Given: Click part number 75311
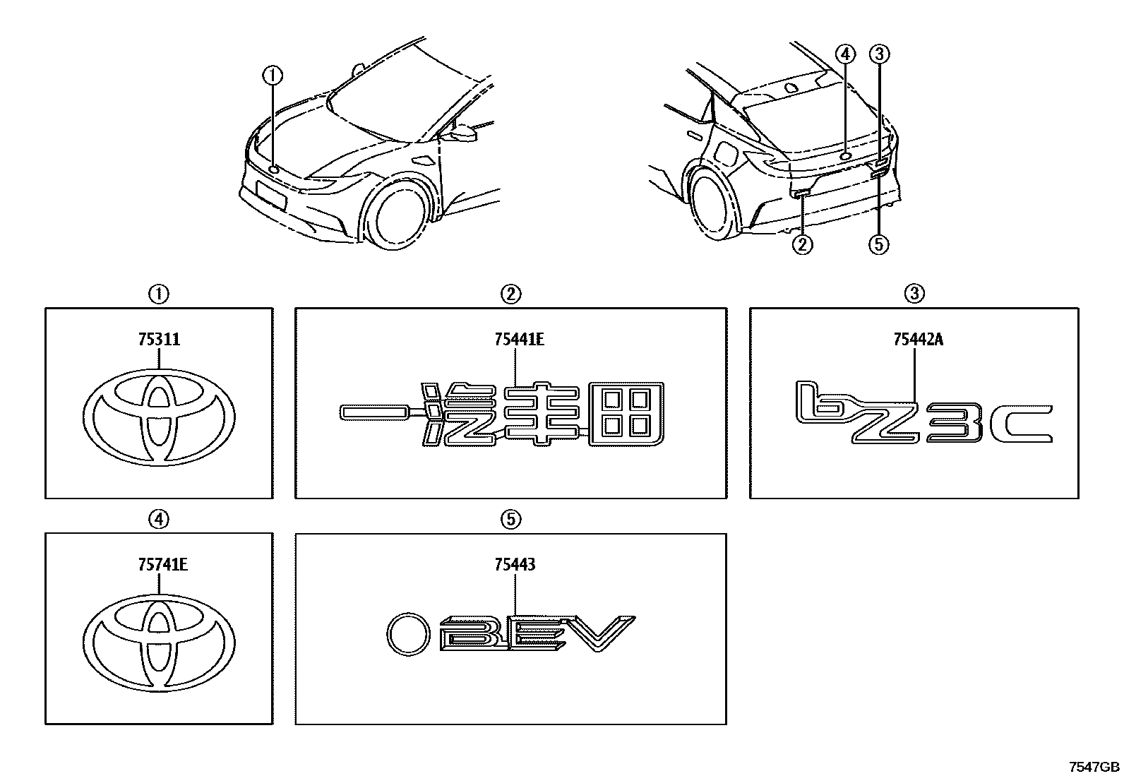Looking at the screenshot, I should [x=160, y=340].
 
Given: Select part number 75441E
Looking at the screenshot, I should [x=519, y=340].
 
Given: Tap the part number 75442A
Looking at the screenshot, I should [x=918, y=340].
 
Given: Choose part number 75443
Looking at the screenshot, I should [x=515, y=565].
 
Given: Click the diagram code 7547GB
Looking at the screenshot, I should [x=1094, y=767].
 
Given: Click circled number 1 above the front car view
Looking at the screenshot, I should [x=273, y=73].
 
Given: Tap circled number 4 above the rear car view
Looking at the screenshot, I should [x=845, y=54].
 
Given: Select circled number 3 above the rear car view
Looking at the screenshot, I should [x=879, y=54].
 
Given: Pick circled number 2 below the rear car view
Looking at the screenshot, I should [x=803, y=244].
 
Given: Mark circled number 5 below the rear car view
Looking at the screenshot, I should [x=878, y=244].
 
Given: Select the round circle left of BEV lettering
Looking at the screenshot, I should [x=409, y=633].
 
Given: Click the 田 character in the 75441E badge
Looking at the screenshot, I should [x=626, y=415].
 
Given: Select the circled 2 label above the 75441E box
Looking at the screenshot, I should [x=511, y=293].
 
